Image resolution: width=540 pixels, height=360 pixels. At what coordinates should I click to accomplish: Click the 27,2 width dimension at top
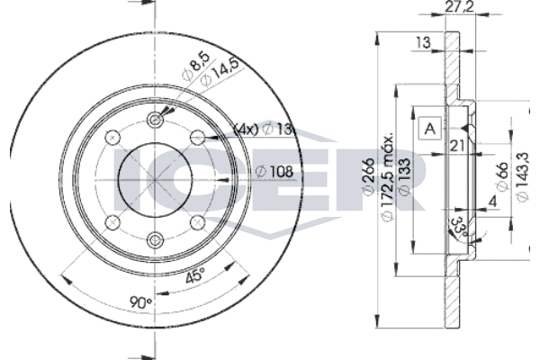coord(459,7)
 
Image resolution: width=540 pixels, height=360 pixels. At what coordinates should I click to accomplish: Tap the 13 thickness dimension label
coord(423,42)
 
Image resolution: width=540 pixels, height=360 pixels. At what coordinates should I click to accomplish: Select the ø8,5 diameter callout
coord(195,67)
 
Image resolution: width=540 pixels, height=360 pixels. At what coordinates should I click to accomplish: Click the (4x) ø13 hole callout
coord(264,130)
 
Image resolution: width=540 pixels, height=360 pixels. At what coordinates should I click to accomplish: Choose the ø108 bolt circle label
coord(274,171)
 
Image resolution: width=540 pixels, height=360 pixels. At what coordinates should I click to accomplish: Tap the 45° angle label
coord(195,275)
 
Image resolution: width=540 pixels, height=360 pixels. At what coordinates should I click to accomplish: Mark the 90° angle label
coord(141,302)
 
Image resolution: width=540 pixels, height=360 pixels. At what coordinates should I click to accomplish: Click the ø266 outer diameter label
coord(368,176)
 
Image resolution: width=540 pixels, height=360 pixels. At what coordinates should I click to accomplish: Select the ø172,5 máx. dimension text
coord(388,175)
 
